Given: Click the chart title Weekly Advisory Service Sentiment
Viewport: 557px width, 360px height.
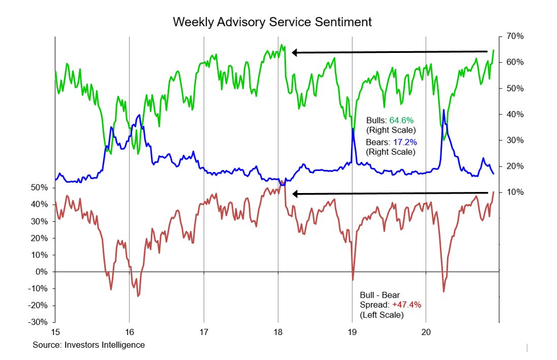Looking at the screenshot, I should pyautogui.click(x=272, y=22).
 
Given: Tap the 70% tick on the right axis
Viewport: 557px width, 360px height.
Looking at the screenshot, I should pyautogui.click(x=515, y=36).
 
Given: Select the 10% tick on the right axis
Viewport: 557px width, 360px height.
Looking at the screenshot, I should pyautogui.click(x=515, y=193).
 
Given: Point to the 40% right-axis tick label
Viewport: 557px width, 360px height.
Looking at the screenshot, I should pyautogui.click(x=515, y=115).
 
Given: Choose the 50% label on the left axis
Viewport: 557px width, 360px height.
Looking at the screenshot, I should pyautogui.click(x=40, y=188).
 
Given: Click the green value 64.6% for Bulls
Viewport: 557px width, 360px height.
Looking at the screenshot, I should pyautogui.click(x=402, y=120).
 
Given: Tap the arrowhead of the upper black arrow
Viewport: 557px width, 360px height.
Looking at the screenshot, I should pyautogui.click(x=295, y=52).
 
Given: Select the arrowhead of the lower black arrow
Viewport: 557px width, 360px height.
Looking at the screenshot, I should pyautogui.click(x=295, y=194).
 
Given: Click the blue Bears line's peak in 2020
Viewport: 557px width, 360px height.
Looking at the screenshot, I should pyautogui.click(x=443, y=109).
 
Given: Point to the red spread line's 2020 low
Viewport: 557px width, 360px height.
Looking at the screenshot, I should pyautogui.click(x=444, y=292).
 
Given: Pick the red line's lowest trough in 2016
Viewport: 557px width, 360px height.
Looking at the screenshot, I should pyautogui.click(x=138, y=296).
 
